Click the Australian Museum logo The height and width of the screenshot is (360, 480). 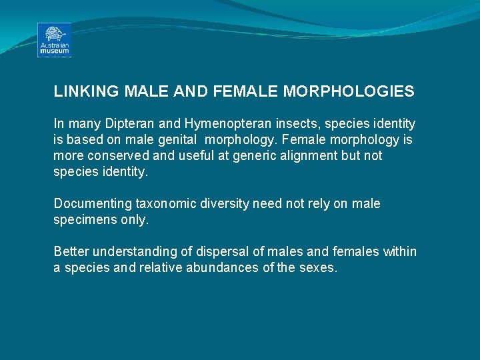[54, 40]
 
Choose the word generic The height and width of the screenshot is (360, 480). [252, 155]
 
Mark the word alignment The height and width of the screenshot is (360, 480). [307, 155]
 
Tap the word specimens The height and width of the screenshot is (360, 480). [82, 219]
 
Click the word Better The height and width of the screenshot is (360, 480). [71, 251]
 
